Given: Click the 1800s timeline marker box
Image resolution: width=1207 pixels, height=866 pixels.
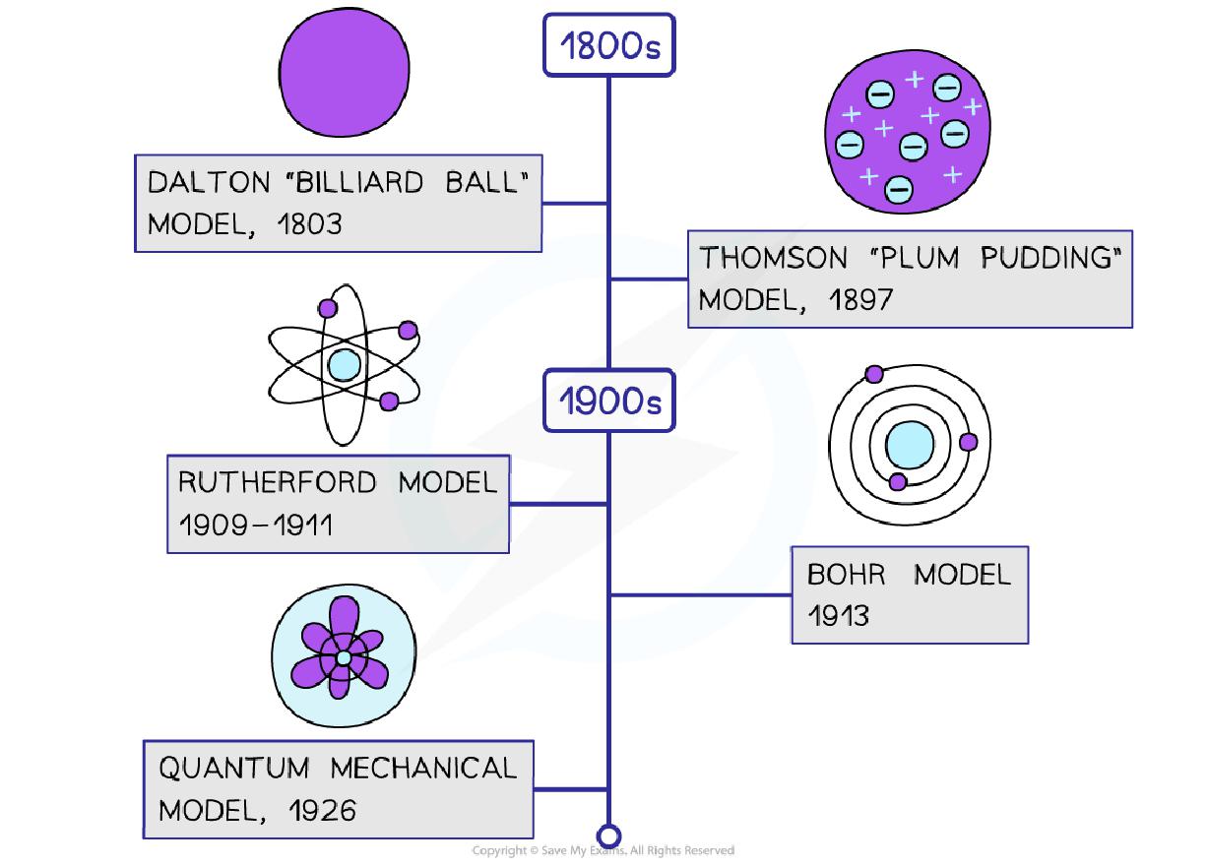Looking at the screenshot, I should coord(609,45).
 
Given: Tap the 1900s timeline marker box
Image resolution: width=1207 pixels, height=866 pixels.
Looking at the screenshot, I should coord(609,402).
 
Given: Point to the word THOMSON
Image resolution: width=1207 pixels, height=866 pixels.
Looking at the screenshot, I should coord(759,258).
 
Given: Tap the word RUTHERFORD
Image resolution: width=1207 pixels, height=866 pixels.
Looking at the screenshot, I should coord(277,482).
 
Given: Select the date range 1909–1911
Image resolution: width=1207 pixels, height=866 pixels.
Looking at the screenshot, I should coord(255,525).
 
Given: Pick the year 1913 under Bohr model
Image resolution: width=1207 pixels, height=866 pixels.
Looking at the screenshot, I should coord(838,616).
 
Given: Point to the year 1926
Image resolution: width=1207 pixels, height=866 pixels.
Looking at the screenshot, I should coord(323,810).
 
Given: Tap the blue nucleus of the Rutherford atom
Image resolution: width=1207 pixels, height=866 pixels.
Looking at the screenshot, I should coord(344,365).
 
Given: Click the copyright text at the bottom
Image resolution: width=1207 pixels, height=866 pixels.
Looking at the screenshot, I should coord(603,850).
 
